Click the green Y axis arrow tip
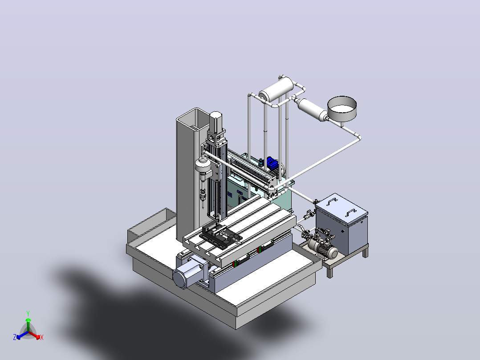pos(28,319)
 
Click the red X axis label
pos(42,337)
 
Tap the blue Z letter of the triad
pos(15,337)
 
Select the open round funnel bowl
pos(342,109)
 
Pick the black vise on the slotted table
pos(220,235)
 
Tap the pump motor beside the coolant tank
pos(323,248)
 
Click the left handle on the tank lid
pos(332,201)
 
